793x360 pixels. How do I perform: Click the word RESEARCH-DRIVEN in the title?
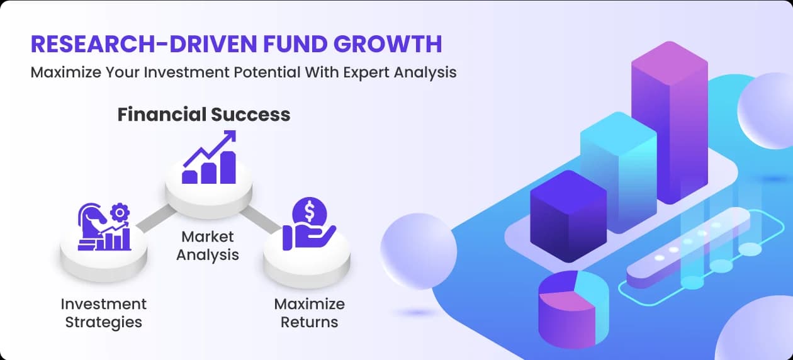[143, 44]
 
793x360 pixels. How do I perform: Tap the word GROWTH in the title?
[388, 44]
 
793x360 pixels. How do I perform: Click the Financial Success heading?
[204, 115]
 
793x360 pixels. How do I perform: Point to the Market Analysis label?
[208, 245]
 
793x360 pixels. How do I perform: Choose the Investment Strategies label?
[104, 313]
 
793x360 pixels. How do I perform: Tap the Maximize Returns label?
[310, 313]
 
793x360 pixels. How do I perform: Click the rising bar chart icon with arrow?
[209, 157]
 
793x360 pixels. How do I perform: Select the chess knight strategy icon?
[104, 227]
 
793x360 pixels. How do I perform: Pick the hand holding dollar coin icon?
[309, 223]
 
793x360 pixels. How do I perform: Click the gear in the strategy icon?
[120, 212]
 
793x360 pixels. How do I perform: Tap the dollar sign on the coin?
[310, 211]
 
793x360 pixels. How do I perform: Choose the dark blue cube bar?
[568, 216]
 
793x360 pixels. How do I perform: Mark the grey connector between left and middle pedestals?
[156, 218]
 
